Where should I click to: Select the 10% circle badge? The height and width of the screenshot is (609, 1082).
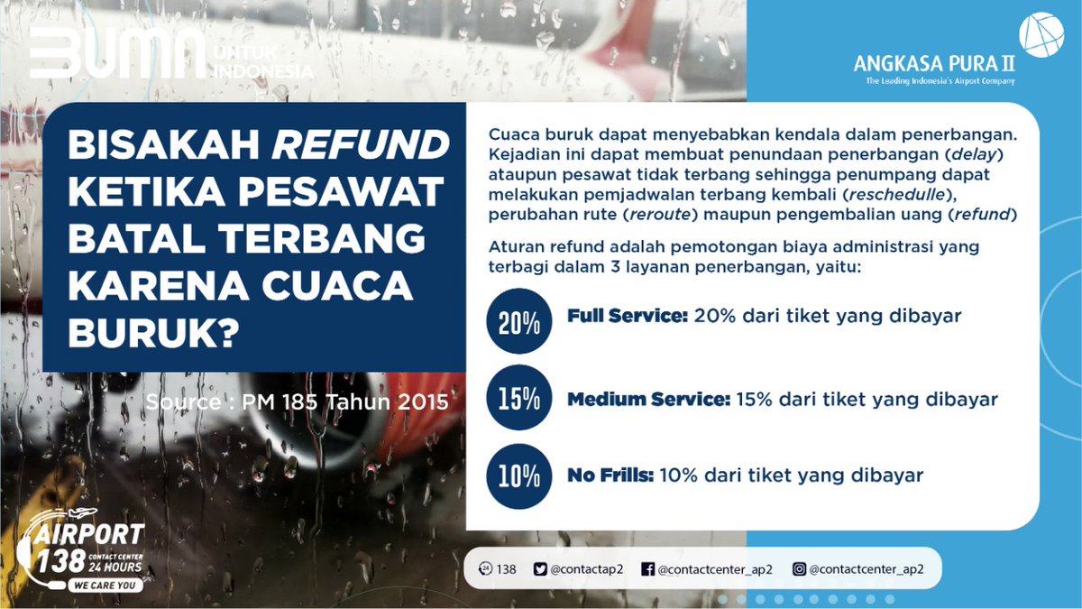click(x=518, y=475)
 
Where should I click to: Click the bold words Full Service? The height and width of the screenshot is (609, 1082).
click(x=628, y=317)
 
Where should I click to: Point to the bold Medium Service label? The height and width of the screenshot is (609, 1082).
click(x=648, y=399)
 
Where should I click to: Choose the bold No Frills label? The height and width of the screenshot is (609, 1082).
click(x=610, y=475)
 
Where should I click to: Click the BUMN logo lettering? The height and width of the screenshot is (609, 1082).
click(x=117, y=56)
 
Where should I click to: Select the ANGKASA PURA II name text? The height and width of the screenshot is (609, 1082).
click(x=933, y=64)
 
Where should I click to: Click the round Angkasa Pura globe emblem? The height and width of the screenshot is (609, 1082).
click(x=1041, y=34)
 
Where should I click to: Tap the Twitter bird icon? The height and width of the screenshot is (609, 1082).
click(x=540, y=569)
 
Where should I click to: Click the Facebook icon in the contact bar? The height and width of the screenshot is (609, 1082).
click(x=647, y=569)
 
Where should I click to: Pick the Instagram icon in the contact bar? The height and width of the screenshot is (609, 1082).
click(x=799, y=569)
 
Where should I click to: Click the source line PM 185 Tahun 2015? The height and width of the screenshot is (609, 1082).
click(x=297, y=401)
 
